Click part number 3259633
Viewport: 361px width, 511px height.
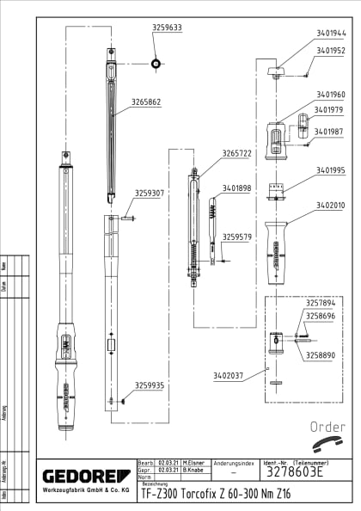pyautogui.click(x=167, y=28)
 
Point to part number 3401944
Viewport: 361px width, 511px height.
pyautogui.click(x=331, y=34)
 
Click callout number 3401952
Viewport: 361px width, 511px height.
pyautogui.click(x=331, y=51)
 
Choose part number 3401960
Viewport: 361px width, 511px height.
pyautogui.click(x=331, y=94)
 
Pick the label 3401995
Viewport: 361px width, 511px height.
pyautogui.click(x=331, y=170)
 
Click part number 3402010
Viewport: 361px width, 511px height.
pyautogui.click(x=331, y=206)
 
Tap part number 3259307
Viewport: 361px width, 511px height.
pyautogui.click(x=150, y=194)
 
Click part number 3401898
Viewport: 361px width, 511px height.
pyautogui.click(x=237, y=188)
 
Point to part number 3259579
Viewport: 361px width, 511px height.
pyautogui.click(x=237, y=237)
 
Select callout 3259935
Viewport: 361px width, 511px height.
pyautogui.click(x=150, y=385)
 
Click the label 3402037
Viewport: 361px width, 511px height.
pyautogui.click(x=228, y=375)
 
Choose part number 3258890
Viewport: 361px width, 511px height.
pyautogui.click(x=321, y=354)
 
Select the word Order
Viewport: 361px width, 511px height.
pyautogui.click(x=327, y=427)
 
